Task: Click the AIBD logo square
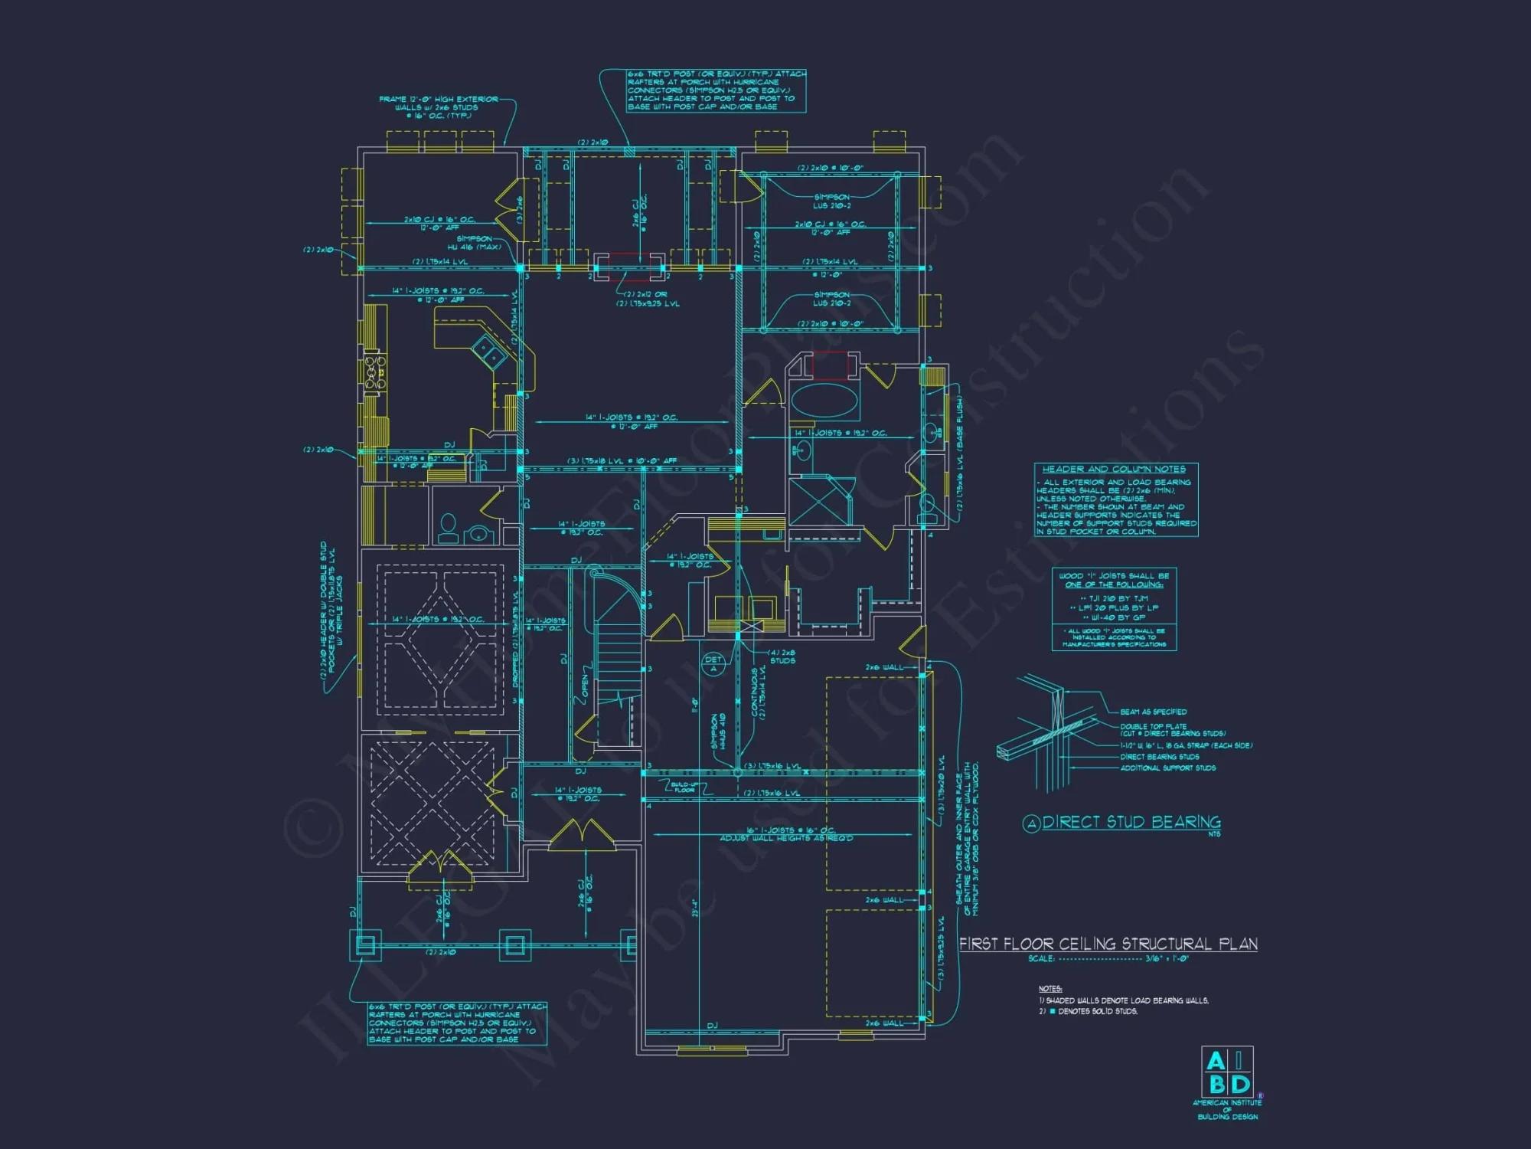pyautogui.click(x=1227, y=1072)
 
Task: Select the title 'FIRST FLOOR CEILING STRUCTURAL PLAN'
pyautogui.click(x=1108, y=944)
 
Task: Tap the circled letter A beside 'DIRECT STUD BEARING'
pyautogui.click(x=1031, y=823)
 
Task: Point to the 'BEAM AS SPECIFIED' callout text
pyautogui.click(x=1153, y=712)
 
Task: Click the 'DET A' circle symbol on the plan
pyautogui.click(x=713, y=664)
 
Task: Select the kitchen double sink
pyautogui.click(x=488, y=351)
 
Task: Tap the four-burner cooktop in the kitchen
pyautogui.click(x=374, y=372)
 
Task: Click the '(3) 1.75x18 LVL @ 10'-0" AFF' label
pyautogui.click(x=622, y=461)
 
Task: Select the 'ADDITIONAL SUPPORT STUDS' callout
pyautogui.click(x=1167, y=768)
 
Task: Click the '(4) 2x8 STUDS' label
pyautogui.click(x=782, y=656)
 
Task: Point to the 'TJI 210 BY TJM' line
pyautogui.click(x=1114, y=598)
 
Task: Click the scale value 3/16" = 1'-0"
pyautogui.click(x=1167, y=958)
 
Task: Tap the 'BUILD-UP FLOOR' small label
pyautogui.click(x=684, y=787)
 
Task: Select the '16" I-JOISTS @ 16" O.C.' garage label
pyautogui.click(x=790, y=830)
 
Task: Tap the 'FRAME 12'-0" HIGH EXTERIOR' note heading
pyautogui.click(x=438, y=100)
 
